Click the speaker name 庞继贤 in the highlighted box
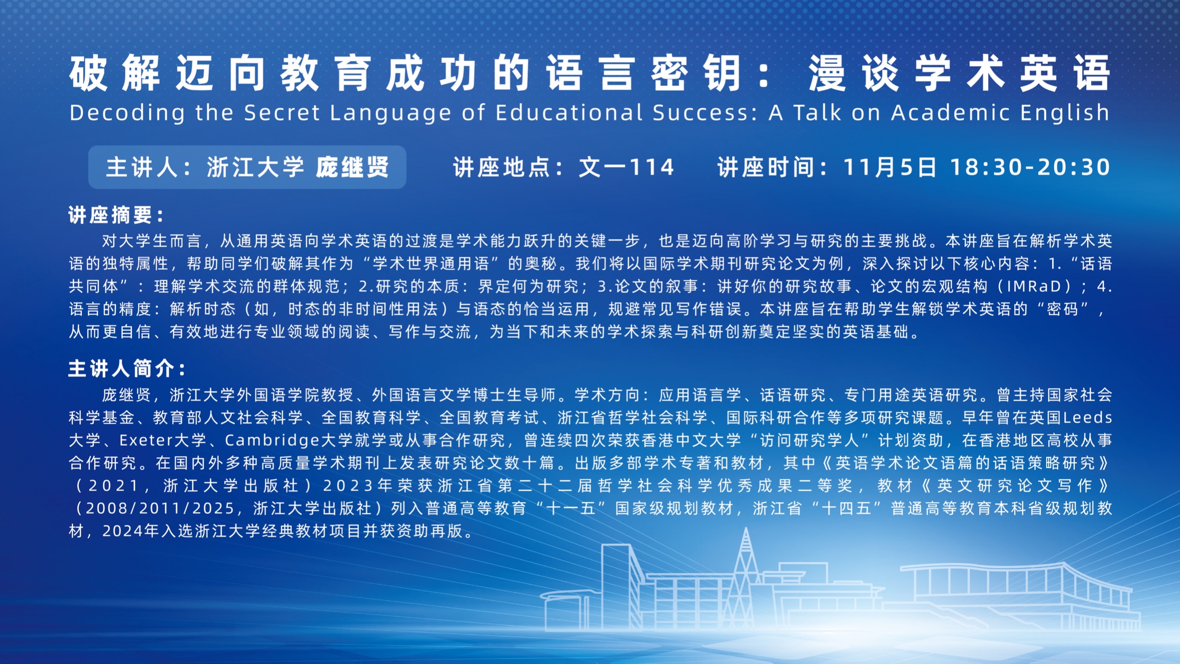click(353, 167)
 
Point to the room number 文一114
click(627, 167)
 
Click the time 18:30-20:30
click(1030, 167)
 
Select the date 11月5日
click(890, 167)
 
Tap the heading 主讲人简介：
click(127, 369)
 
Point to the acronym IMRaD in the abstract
click(1039, 286)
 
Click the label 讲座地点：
click(509, 167)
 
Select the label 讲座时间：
click(774, 167)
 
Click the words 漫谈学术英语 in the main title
click(959, 73)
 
